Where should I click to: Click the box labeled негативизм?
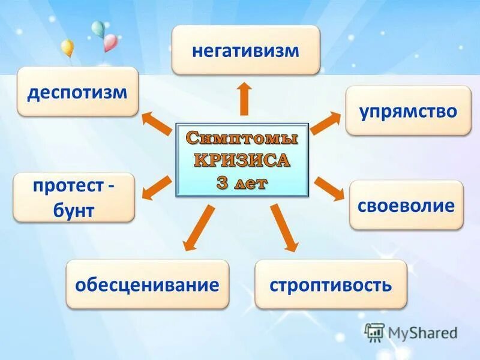click(245, 50)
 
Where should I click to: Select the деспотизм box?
click(78, 92)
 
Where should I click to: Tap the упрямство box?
click(408, 110)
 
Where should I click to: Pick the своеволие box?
click(406, 205)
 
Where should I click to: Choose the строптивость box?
click(331, 284)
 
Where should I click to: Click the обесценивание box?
click(147, 284)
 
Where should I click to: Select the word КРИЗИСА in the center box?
click(242, 160)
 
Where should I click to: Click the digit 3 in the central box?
click(221, 182)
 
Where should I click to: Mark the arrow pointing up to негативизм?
click(244, 98)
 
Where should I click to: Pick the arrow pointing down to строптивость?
click(284, 227)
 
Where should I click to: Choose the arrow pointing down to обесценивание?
click(199, 227)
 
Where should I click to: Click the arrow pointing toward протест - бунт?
click(155, 187)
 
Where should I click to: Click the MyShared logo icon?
click(374, 332)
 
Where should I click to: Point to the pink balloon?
click(110, 42)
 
